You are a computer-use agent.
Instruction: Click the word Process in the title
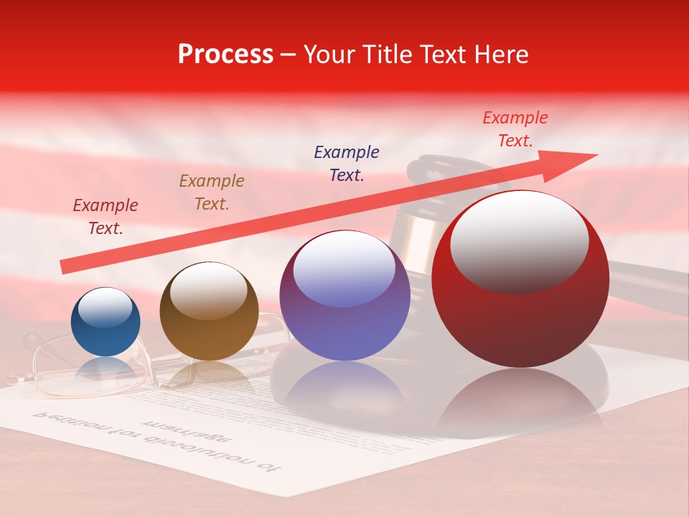(x=225, y=55)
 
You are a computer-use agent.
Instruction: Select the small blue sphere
(x=106, y=323)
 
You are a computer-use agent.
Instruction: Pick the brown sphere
(x=209, y=312)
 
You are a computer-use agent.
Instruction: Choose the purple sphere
(x=344, y=296)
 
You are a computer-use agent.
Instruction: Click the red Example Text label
(x=515, y=129)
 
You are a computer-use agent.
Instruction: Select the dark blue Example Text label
(x=347, y=163)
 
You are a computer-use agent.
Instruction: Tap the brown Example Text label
(x=212, y=192)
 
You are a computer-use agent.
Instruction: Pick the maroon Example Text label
(x=106, y=216)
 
